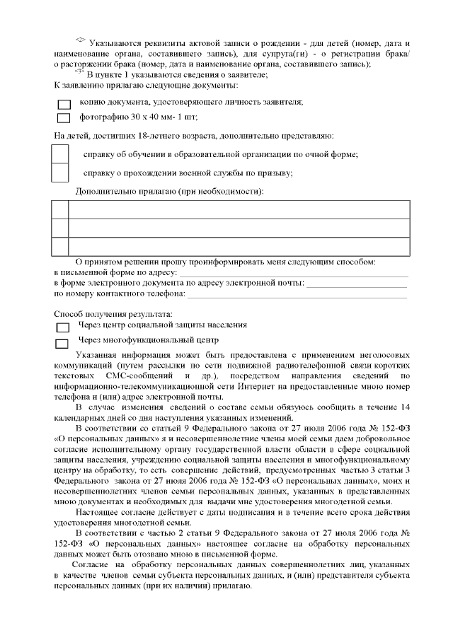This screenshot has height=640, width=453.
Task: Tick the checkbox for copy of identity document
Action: click(64, 103)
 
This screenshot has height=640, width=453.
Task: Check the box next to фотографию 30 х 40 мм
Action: click(64, 118)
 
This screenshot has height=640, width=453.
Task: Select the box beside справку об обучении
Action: click(61, 153)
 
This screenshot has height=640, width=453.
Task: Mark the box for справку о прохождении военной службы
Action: click(61, 172)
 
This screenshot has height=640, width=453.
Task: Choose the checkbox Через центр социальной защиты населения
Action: click(63, 327)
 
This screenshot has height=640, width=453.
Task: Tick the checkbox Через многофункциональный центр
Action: click(63, 342)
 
